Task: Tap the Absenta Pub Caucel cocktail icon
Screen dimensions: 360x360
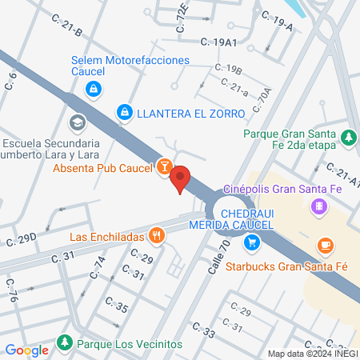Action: coord(163,166)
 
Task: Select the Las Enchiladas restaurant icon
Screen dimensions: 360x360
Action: coord(157,236)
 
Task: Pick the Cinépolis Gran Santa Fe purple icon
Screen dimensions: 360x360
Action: coord(319,207)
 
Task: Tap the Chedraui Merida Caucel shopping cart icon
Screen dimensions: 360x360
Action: coord(252,242)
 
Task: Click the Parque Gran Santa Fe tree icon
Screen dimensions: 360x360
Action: coord(349,138)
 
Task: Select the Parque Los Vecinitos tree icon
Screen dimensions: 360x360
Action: coord(64,344)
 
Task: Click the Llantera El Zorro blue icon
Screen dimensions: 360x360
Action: coord(124,114)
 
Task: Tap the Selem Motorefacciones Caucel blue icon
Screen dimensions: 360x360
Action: coord(94,87)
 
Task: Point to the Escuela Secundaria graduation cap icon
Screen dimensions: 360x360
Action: coord(77,122)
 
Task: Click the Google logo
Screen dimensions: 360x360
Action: coord(26,350)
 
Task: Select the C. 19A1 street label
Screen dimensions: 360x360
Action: coord(219,41)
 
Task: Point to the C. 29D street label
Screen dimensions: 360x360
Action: coord(22,239)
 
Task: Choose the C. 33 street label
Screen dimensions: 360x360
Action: coord(204,329)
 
